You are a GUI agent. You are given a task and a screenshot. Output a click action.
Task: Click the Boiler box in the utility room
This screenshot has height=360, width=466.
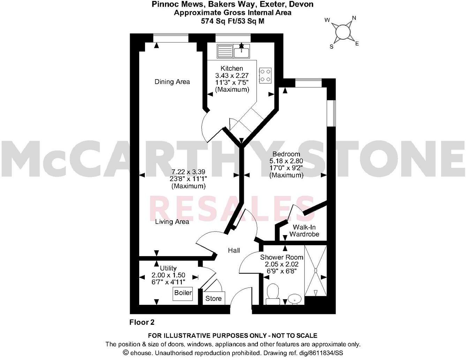183,293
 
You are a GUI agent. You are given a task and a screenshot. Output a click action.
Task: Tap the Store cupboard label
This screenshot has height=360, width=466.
213,299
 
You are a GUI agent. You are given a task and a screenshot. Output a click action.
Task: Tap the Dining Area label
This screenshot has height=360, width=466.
172,82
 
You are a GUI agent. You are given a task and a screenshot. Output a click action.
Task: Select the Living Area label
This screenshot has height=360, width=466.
172,222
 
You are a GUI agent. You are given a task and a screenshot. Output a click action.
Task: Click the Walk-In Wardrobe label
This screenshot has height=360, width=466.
304,231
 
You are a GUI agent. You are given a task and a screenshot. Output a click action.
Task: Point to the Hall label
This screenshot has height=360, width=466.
234,250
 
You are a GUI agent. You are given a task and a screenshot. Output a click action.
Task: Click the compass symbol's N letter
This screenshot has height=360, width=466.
354,18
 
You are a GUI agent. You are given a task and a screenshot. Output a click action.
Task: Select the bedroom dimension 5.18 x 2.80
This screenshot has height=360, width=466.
286,161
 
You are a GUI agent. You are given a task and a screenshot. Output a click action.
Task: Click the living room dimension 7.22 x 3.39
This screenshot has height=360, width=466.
188,172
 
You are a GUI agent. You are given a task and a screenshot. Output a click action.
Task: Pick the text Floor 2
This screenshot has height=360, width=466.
142,322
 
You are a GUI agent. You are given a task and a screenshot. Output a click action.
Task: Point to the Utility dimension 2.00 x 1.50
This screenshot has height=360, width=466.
168,275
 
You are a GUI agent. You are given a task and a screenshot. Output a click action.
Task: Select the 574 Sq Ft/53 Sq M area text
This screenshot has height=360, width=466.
233,21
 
